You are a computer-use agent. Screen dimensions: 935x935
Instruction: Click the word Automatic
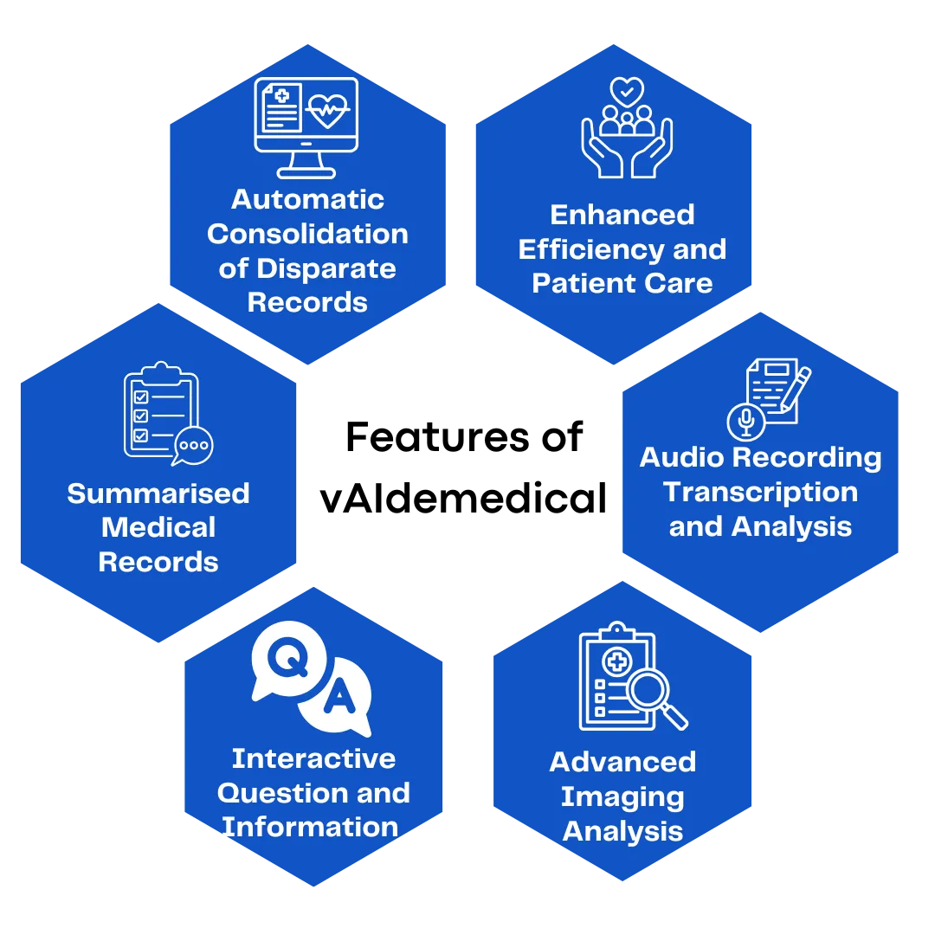[x=307, y=199]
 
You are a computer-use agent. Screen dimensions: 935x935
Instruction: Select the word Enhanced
[x=622, y=215]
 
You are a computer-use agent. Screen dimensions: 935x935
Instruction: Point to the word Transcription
[x=760, y=492]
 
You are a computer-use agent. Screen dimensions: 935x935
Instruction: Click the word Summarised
[x=158, y=493]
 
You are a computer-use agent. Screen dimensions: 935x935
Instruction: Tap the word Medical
[x=158, y=527]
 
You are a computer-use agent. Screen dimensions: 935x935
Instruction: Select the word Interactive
[x=313, y=758]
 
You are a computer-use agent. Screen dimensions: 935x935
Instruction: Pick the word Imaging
[x=622, y=796]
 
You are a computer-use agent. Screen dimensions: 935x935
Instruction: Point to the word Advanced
[x=622, y=762]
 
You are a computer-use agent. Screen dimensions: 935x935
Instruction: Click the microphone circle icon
[x=745, y=421]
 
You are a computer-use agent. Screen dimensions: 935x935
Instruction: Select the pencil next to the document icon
[x=796, y=389]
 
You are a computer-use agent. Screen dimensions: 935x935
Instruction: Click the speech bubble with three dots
[x=192, y=446]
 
